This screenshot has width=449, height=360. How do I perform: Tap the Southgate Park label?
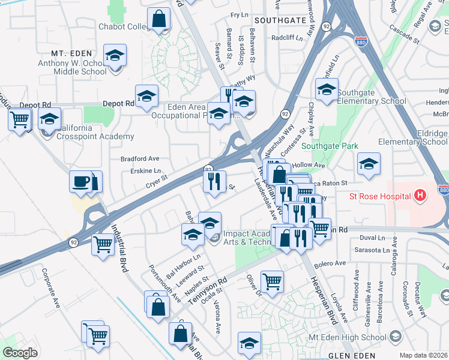(330, 146)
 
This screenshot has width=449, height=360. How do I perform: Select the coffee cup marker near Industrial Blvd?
(80, 181)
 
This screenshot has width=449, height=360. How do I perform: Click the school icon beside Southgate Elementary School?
(327, 91)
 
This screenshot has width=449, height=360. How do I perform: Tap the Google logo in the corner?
(19, 353)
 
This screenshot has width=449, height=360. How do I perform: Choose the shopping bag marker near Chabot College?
(159, 19)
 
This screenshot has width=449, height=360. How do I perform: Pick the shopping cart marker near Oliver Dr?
(273, 281)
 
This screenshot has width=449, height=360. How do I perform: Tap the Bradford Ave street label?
(139, 159)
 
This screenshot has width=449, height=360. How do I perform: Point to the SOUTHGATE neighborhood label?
(276, 20)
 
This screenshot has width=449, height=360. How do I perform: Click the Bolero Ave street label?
(332, 263)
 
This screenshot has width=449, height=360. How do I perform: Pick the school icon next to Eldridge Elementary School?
(369, 164)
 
